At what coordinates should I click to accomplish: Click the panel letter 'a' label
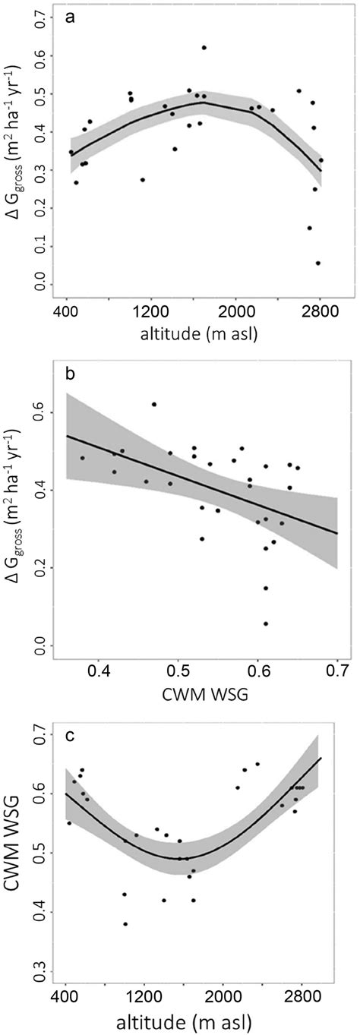(x=69, y=21)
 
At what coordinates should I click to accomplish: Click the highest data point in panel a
(x=204, y=48)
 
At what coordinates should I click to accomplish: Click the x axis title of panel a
(x=194, y=332)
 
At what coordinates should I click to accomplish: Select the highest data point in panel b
(x=154, y=405)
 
